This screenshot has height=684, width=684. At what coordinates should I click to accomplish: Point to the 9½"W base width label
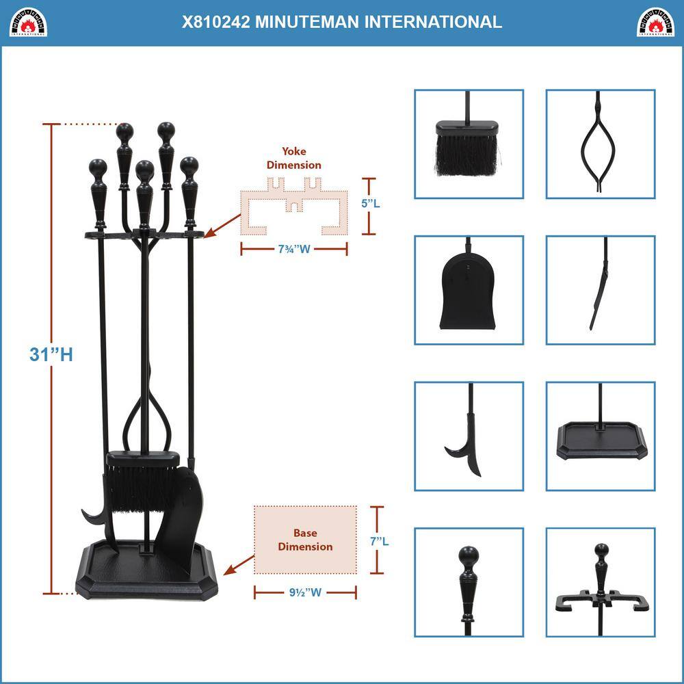tap(305, 592)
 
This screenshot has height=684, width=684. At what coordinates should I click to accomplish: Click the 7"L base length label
tap(380, 541)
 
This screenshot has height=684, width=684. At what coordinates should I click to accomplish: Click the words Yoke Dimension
tap(294, 158)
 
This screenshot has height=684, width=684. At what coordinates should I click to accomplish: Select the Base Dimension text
tap(304, 540)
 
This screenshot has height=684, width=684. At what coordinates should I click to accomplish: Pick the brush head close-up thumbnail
tap(469, 144)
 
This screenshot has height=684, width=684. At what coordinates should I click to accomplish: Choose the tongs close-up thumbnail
tap(600, 144)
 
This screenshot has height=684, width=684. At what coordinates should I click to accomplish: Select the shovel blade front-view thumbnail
tap(469, 290)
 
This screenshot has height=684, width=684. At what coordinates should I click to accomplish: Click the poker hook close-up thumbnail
tap(469, 436)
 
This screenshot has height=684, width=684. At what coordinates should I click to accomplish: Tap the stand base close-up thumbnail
tap(600, 436)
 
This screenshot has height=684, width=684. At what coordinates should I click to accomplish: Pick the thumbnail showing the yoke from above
tap(600, 582)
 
